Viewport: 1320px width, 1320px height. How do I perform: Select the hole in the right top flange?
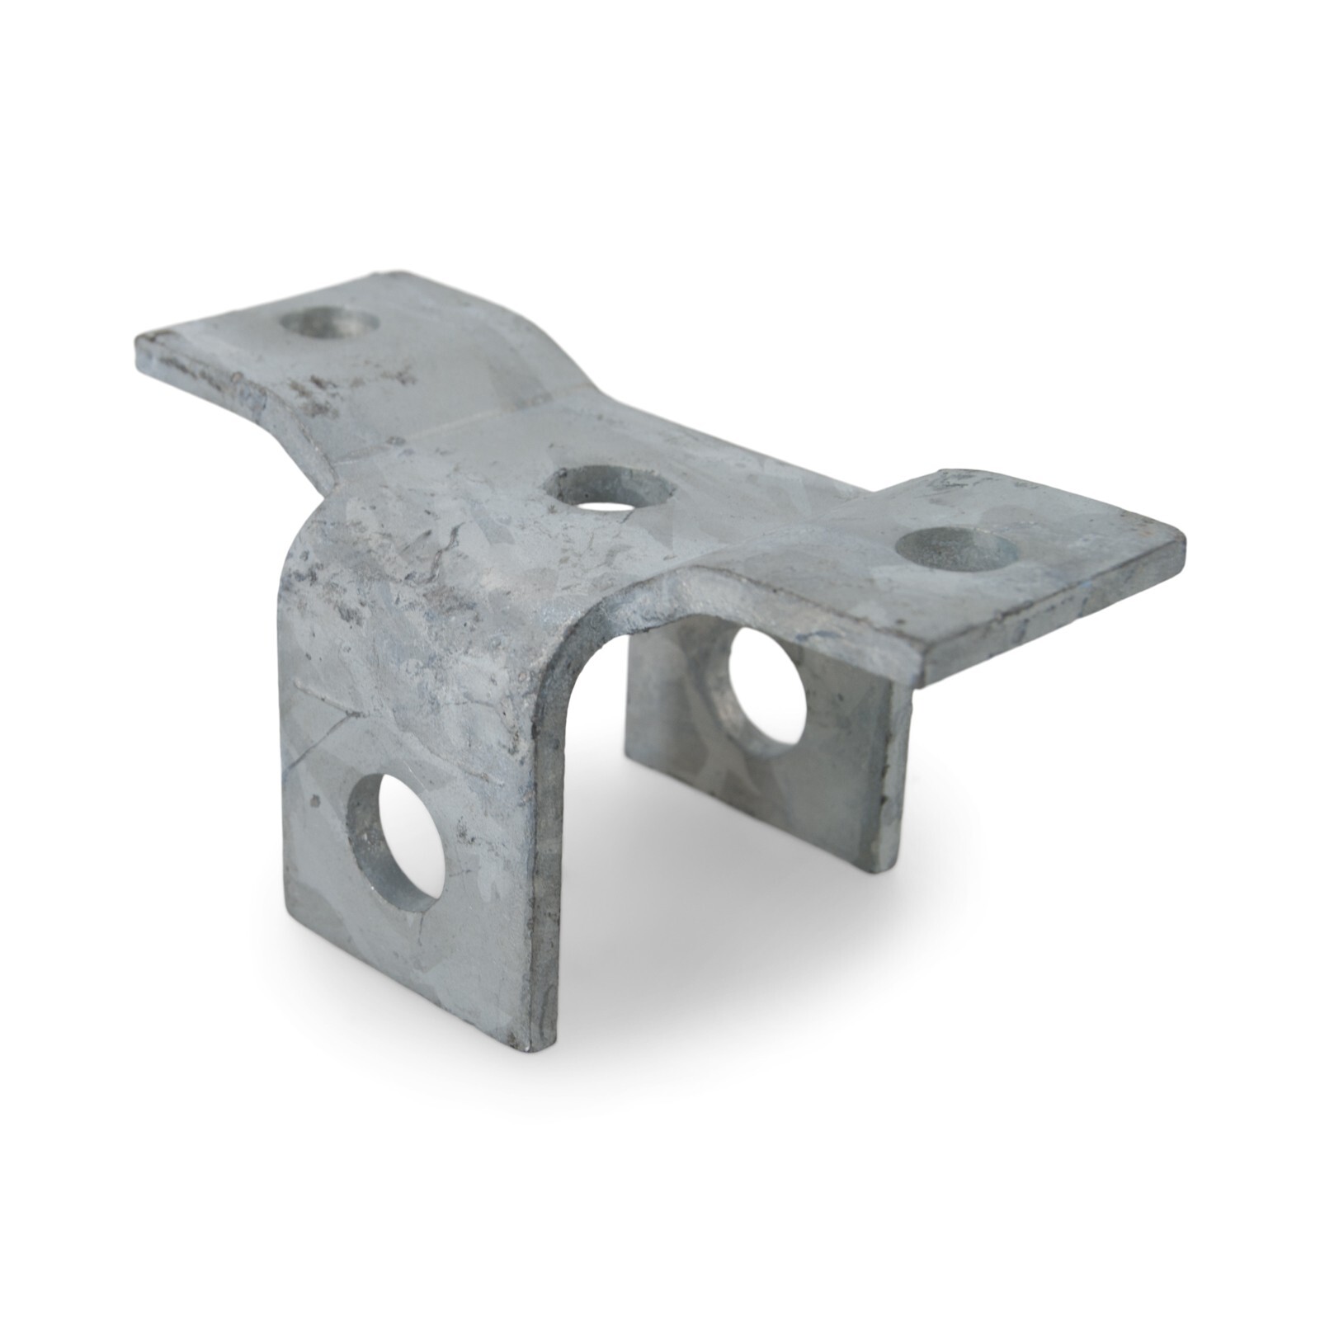(955, 548)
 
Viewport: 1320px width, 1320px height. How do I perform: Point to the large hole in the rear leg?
(765, 691)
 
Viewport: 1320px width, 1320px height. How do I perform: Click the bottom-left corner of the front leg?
(286, 922)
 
